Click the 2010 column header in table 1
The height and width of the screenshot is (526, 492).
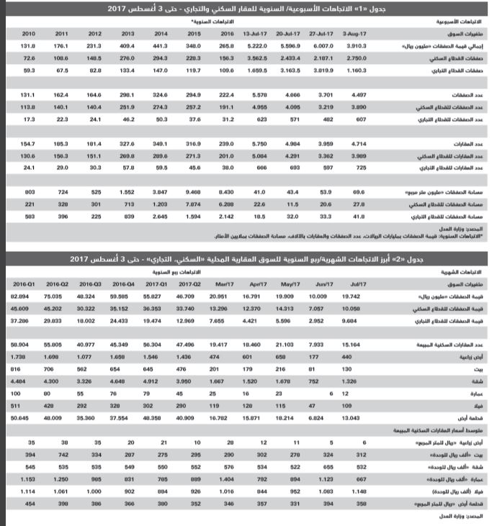(x=29, y=34)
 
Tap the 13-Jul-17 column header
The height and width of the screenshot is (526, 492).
(x=256, y=34)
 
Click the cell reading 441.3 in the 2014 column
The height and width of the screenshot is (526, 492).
(x=161, y=45)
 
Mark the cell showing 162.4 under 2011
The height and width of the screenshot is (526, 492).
(x=61, y=96)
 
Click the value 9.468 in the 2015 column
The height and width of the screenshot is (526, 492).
(x=193, y=192)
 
